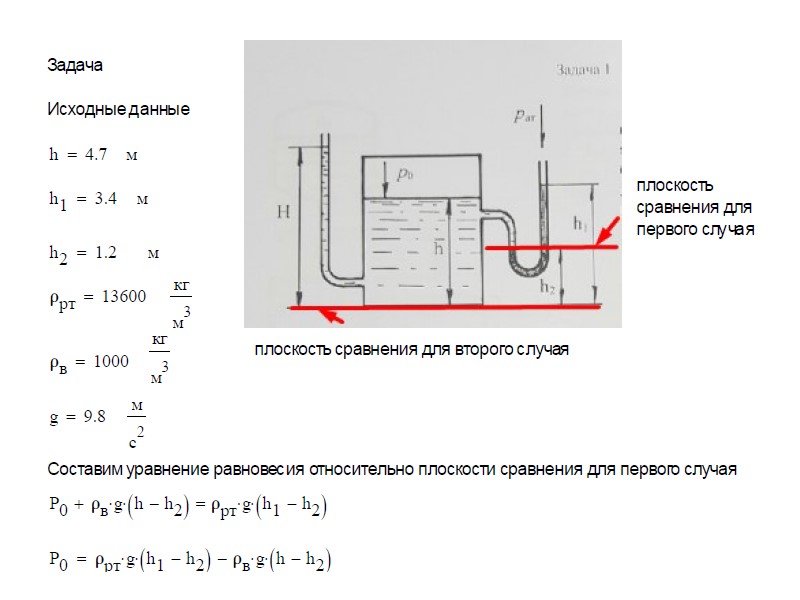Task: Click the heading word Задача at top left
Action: [75, 65]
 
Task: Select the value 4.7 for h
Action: [96, 154]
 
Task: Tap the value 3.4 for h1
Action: [106, 198]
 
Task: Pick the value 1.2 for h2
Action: [106, 252]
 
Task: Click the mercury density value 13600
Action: [124, 296]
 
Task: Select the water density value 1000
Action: [111, 361]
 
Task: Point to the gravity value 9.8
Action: [94, 416]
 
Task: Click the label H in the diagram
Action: [284, 212]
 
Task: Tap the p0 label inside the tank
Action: [405, 174]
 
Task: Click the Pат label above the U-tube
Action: [524, 116]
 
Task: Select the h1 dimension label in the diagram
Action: [580, 223]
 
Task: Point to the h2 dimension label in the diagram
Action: [547, 287]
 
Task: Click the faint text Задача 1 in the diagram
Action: [583, 69]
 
